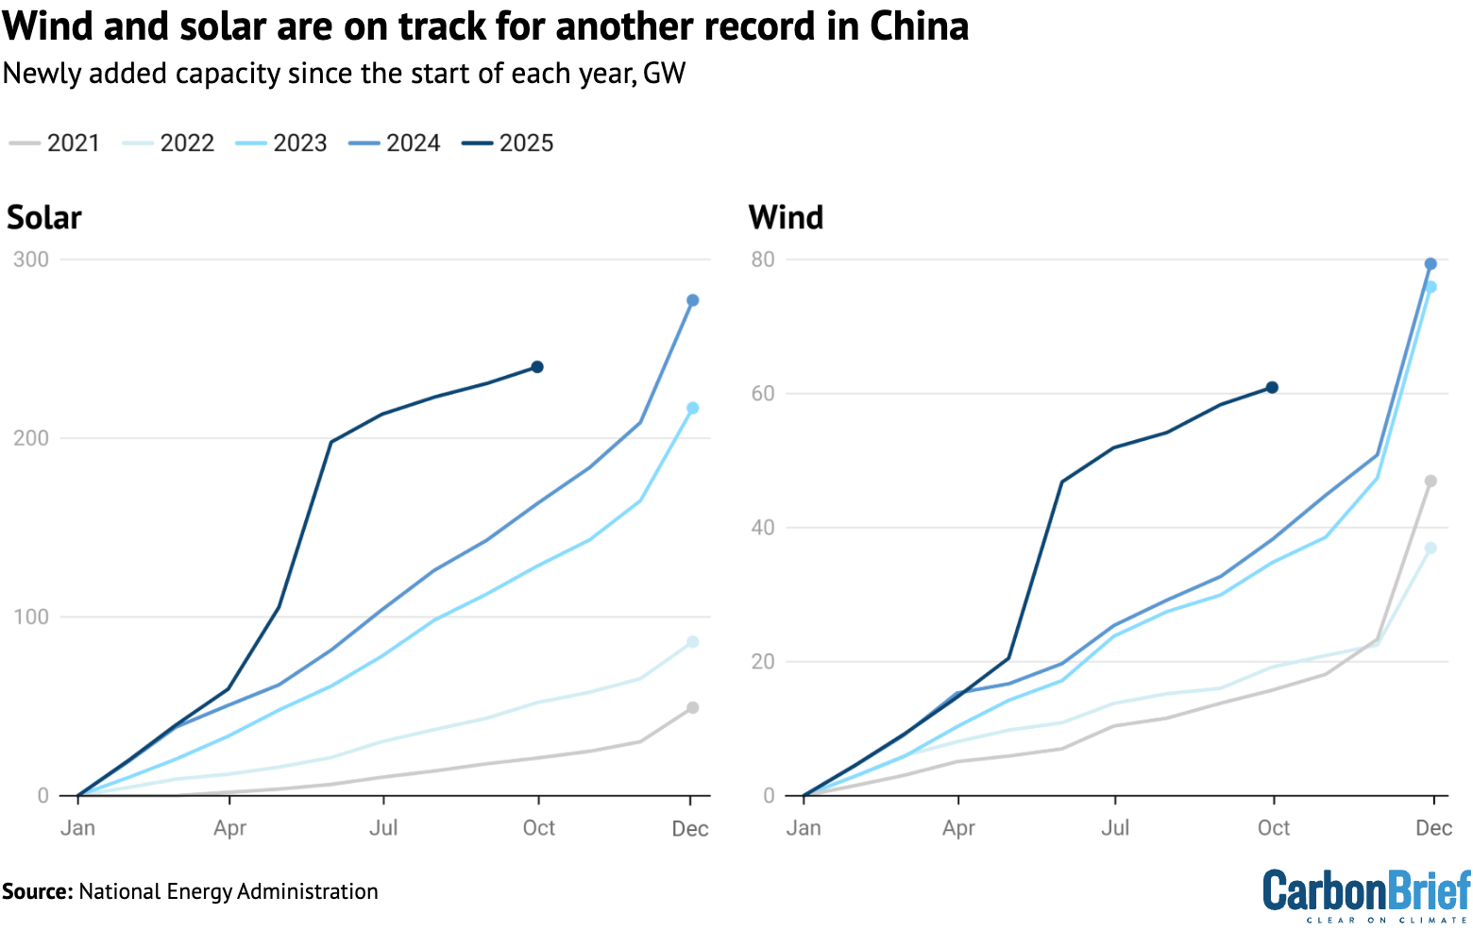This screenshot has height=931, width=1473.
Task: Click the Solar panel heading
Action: (x=44, y=217)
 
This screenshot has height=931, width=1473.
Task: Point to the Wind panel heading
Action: (x=786, y=217)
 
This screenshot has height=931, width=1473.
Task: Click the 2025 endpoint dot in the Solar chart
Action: (x=537, y=366)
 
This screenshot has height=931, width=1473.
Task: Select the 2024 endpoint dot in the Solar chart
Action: (x=692, y=300)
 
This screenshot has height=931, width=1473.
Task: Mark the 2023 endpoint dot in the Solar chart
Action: (x=692, y=408)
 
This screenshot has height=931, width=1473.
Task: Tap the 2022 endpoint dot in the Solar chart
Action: (x=692, y=642)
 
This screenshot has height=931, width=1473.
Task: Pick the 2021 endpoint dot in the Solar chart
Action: (x=692, y=707)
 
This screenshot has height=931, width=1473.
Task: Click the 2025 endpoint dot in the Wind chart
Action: (x=1272, y=387)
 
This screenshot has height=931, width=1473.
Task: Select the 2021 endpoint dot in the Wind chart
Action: (x=1431, y=482)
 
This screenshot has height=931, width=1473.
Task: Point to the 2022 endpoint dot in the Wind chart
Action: (x=1431, y=549)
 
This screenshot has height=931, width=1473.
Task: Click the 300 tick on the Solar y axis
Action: (x=31, y=260)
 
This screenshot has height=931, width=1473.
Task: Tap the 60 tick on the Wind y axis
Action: (x=763, y=394)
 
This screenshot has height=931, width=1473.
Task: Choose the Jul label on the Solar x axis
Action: (x=383, y=828)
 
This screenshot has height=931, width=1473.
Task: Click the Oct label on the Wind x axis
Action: (x=1273, y=828)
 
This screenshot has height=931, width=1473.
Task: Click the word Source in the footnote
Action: (x=37, y=891)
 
